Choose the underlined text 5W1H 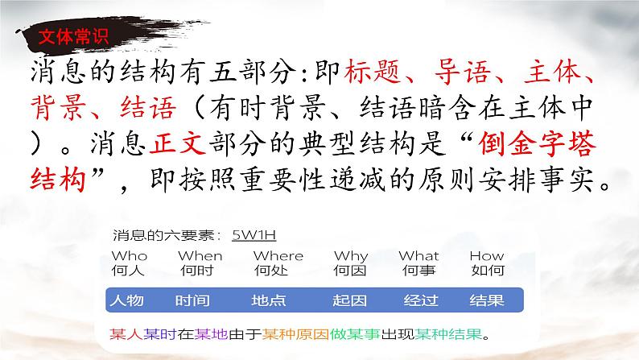tap(254, 235)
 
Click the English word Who tap(130, 256)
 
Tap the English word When tap(200, 256)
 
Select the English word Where tap(278, 256)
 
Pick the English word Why tap(351, 256)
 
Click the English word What tap(419, 256)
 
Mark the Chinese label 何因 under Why tap(351, 270)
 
